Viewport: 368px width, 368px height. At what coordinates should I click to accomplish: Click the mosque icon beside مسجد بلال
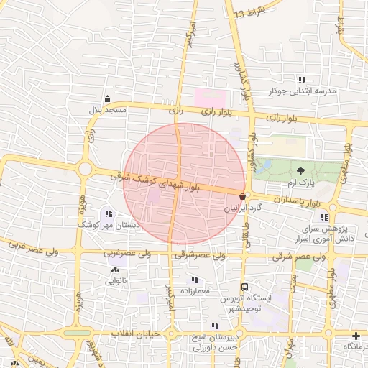107,98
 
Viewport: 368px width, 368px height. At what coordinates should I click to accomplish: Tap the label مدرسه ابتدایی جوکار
303,91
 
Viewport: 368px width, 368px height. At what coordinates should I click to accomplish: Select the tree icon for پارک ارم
300,170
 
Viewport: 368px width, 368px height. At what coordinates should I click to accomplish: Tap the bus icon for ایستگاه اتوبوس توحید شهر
244,286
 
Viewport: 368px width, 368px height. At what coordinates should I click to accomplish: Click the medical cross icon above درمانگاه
356,336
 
